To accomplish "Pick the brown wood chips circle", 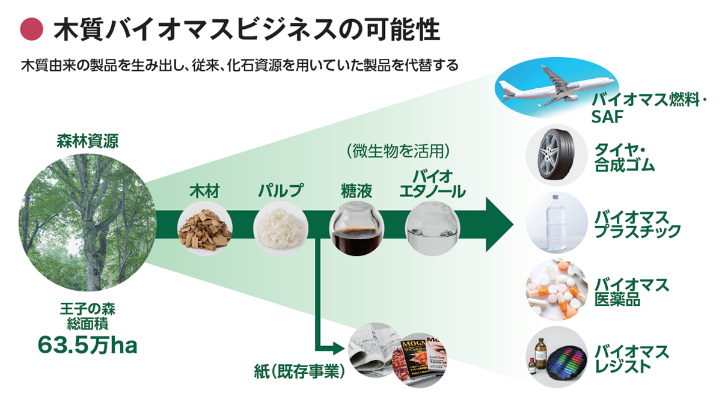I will [204, 228].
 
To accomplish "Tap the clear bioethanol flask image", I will [430, 228].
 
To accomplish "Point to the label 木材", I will [204, 192].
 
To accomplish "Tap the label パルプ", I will [280, 192].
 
